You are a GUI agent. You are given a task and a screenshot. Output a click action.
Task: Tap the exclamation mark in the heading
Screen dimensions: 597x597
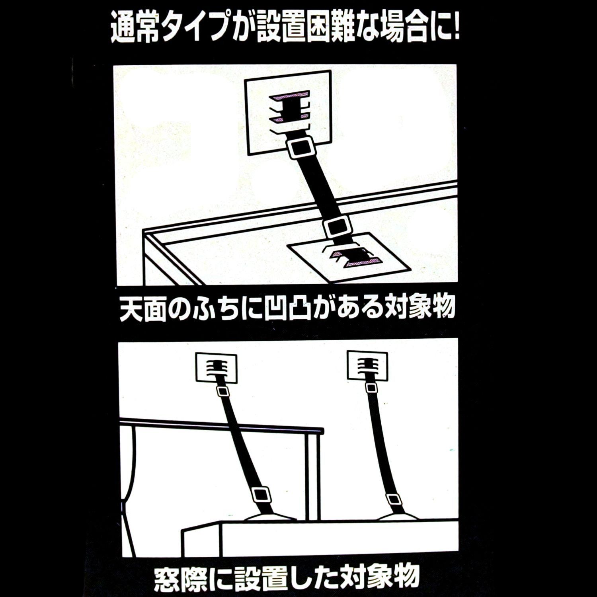click(455, 27)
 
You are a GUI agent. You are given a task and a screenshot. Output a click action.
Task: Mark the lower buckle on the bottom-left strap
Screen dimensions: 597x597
click(261, 495)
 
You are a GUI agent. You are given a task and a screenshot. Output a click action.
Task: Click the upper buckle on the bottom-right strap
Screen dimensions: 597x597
click(371, 388)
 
